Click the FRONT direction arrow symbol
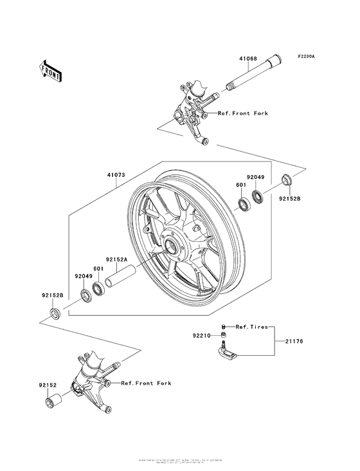(x=51, y=69)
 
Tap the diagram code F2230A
(x=307, y=56)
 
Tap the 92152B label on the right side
(x=289, y=199)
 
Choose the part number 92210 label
(x=201, y=335)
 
